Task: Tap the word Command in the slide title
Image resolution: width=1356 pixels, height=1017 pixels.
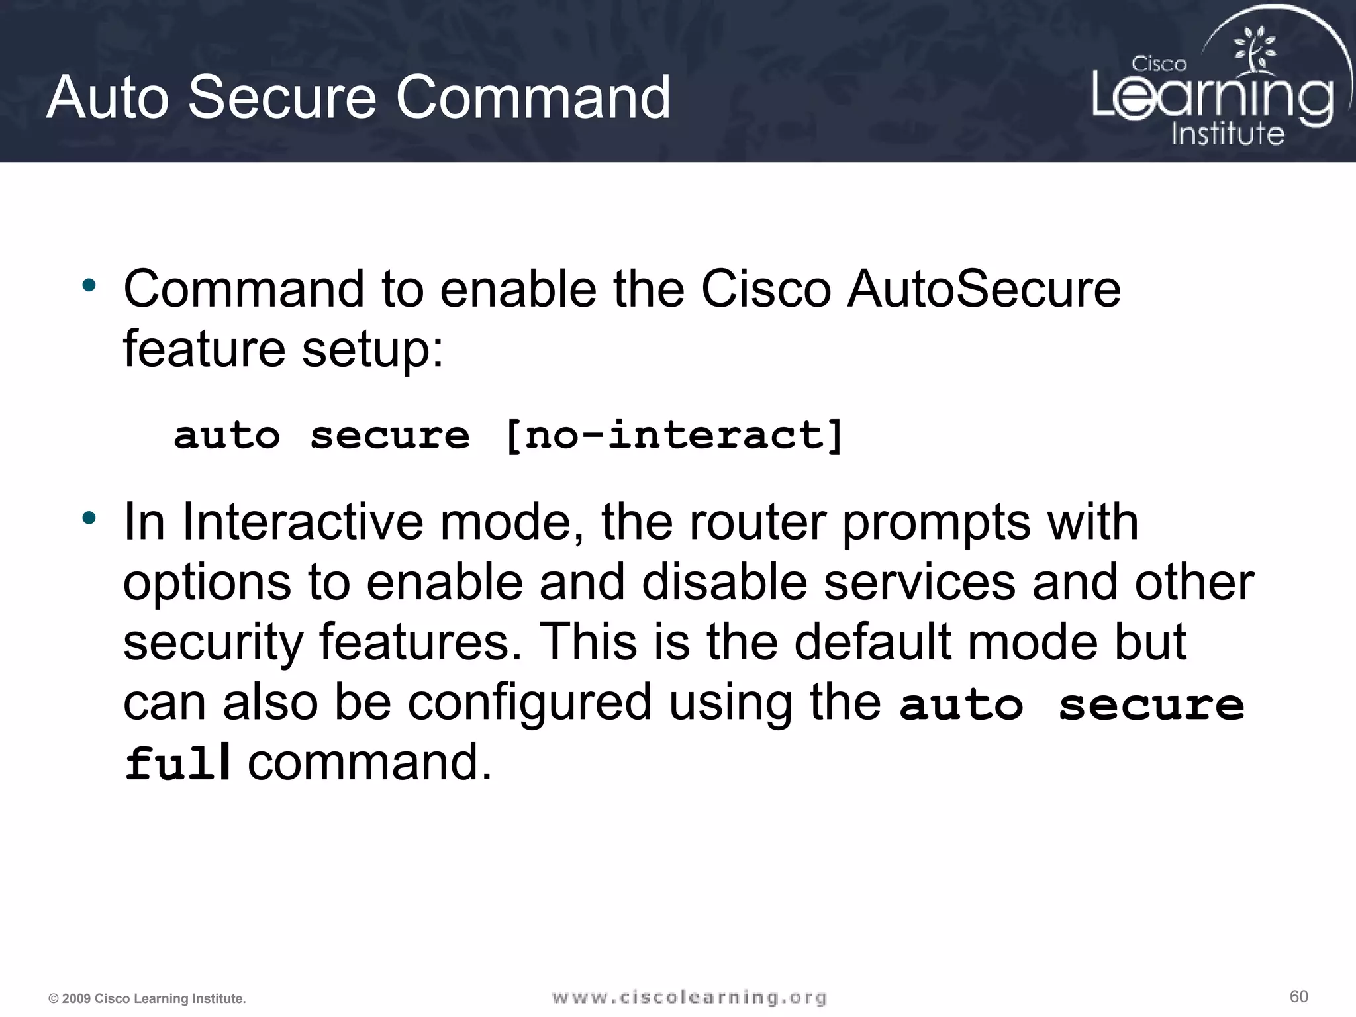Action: [x=533, y=97]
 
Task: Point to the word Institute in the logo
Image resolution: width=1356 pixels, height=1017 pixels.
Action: [x=1228, y=133]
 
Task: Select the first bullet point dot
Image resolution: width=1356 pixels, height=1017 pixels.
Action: [x=89, y=286]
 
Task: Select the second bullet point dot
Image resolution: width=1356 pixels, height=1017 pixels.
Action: [x=89, y=518]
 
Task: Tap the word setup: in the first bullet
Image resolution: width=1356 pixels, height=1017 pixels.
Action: [x=373, y=349]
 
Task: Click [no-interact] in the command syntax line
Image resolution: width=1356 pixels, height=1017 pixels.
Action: [x=673, y=436]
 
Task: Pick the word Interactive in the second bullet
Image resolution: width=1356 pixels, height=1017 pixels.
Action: [x=303, y=522]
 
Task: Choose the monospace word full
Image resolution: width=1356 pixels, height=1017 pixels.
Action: [x=177, y=763]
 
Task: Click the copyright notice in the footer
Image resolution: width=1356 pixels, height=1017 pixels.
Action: [x=147, y=998]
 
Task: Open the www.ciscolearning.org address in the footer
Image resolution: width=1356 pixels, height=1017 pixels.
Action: [x=689, y=997]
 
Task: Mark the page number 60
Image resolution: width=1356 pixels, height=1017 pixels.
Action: [x=1299, y=996]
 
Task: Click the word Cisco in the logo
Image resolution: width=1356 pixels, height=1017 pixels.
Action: [x=1159, y=64]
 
